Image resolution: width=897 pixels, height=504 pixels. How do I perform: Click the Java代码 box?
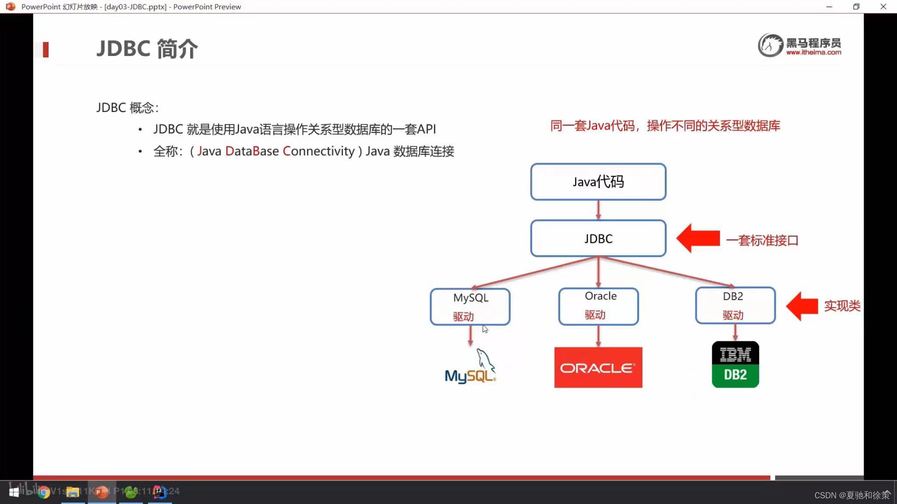pos(598,182)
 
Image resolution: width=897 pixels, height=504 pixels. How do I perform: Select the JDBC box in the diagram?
pos(598,238)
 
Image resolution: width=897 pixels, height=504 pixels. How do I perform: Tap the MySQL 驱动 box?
pos(470,307)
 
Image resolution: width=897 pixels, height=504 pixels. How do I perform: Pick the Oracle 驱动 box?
pos(598,306)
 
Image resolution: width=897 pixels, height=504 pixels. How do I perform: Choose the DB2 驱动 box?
pos(735,305)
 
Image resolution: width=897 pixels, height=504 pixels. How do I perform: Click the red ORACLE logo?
pos(598,367)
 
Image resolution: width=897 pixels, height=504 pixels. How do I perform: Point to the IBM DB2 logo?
pos(735,364)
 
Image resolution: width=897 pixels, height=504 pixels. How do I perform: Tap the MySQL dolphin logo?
pos(470,367)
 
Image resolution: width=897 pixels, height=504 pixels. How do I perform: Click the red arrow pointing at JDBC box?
pos(698,238)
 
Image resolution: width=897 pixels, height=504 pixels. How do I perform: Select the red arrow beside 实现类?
pos(802,306)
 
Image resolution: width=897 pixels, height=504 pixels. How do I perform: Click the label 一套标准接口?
pos(762,240)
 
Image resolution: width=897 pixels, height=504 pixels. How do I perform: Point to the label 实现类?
pos(842,306)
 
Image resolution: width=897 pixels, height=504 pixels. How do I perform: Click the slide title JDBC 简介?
pos(147,49)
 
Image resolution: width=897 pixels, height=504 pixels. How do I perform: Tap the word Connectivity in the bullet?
pos(318,151)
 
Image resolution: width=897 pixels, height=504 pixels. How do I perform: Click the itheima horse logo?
pos(770,45)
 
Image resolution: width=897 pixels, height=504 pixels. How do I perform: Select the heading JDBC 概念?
pos(127,108)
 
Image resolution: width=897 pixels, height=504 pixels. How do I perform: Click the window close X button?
pos(883,7)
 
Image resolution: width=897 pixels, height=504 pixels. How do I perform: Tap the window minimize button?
pos(829,7)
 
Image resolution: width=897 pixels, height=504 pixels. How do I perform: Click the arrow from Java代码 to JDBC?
pos(598,210)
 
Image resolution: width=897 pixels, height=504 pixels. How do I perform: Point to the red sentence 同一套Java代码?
pos(665,126)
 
